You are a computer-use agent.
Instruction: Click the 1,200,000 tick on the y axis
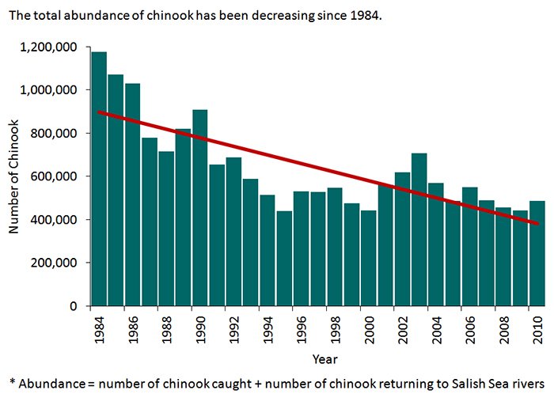51,47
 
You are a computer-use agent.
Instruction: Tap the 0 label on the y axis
74,306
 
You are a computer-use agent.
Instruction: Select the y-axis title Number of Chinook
13,176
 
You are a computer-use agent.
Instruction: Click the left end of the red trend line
98,112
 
